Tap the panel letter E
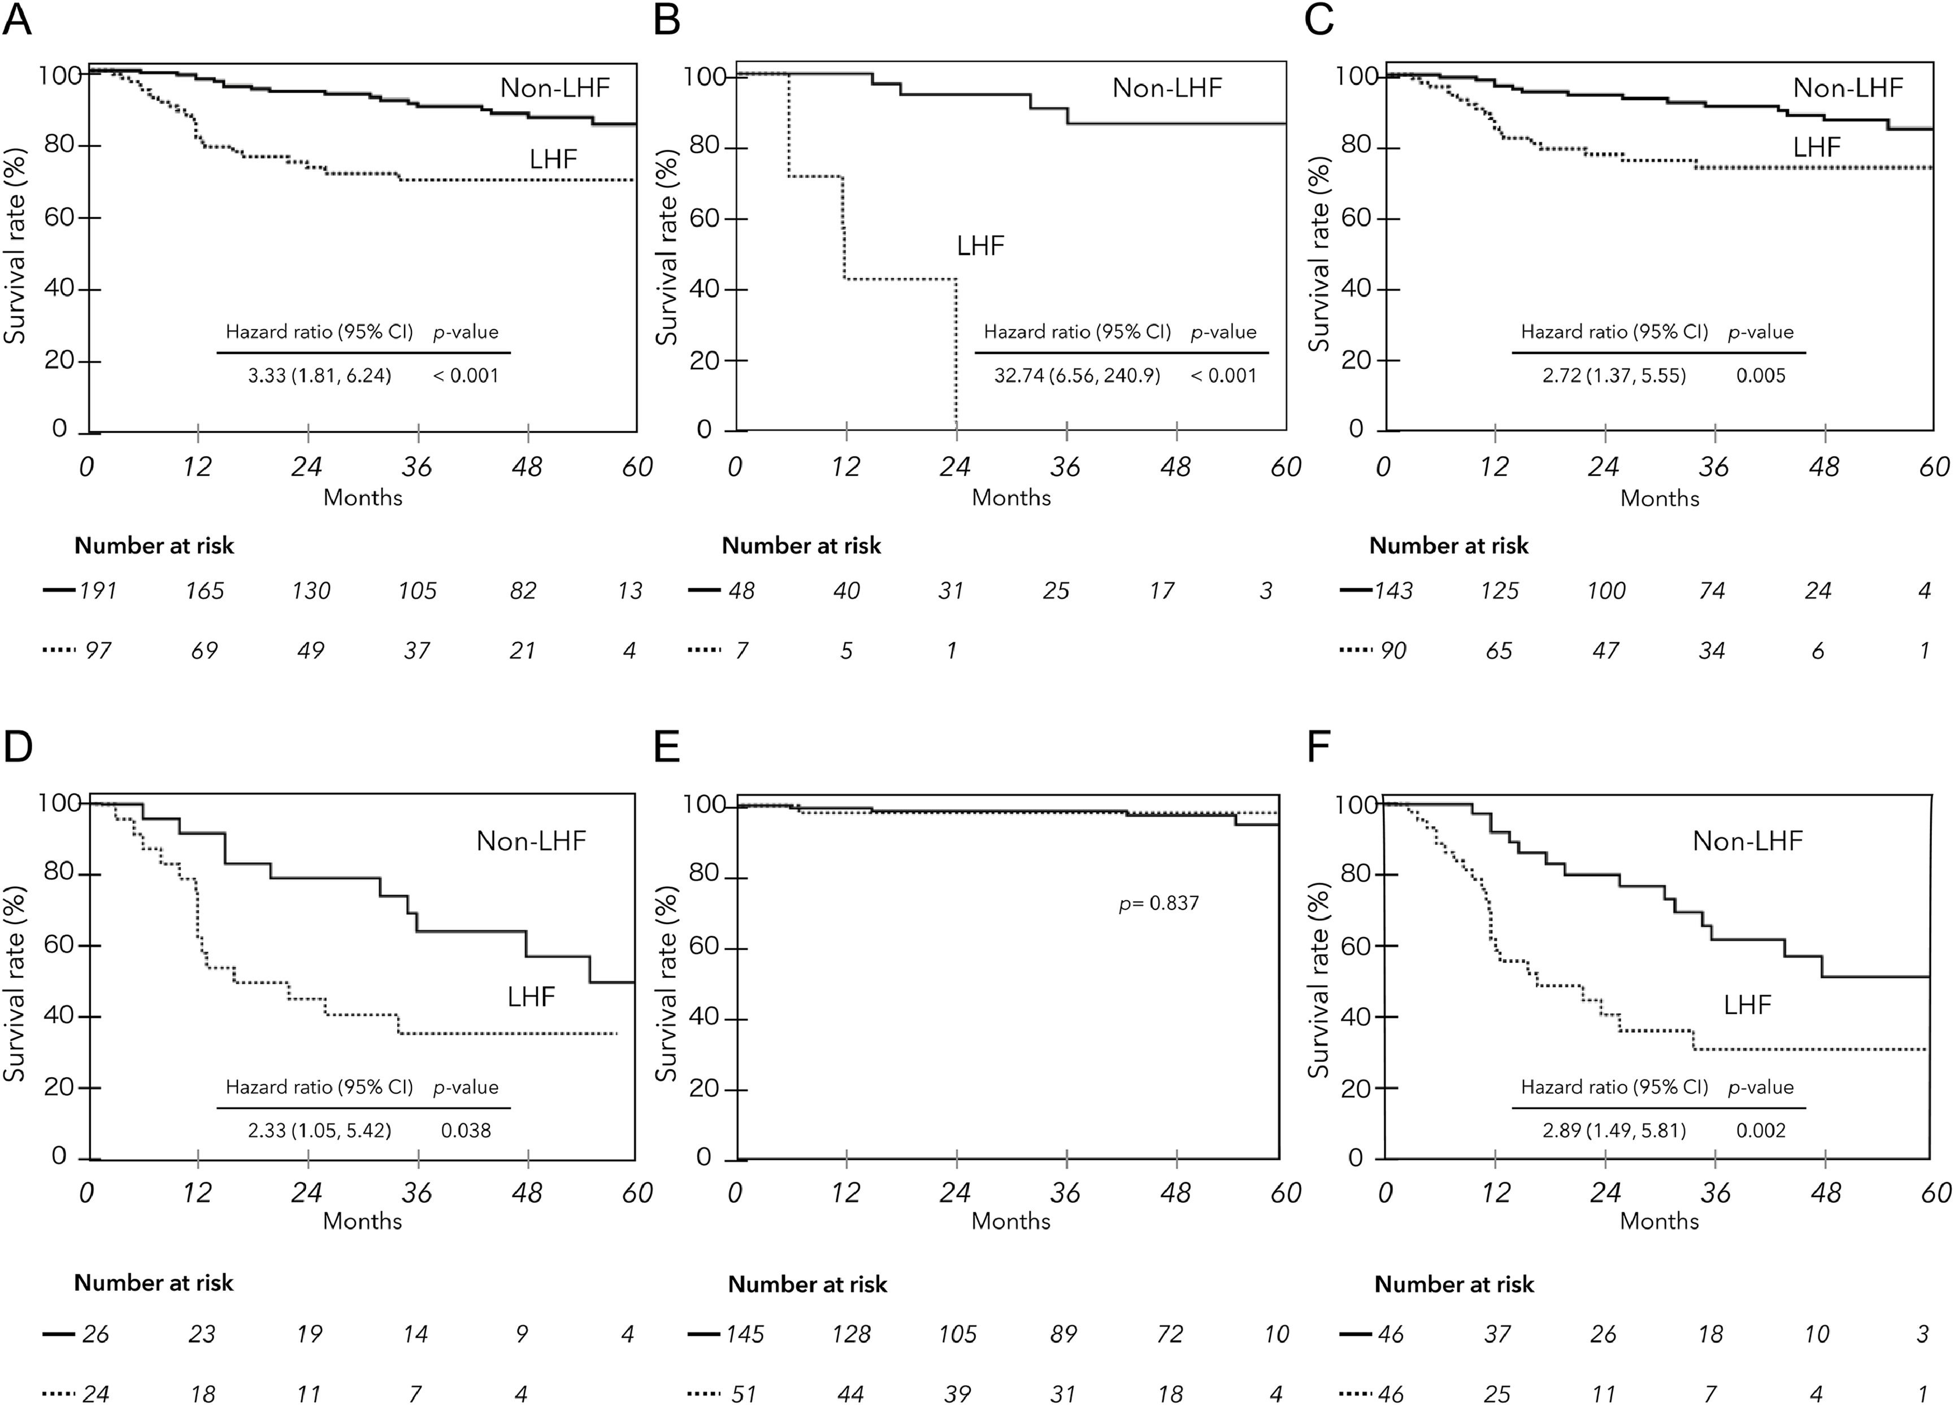pos(667,747)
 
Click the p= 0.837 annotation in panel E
pos(1159,903)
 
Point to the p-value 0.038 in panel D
pos(466,1130)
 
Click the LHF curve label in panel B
pos(980,246)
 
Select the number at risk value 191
pos(98,591)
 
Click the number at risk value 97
pos(98,650)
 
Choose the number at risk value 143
pos(1394,591)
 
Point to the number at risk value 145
pos(745,1334)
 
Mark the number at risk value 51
pos(744,1394)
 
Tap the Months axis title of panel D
pos(363,1221)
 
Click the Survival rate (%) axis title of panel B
pos(667,248)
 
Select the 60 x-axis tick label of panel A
pos(637,467)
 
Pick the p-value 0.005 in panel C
pos(1761,376)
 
